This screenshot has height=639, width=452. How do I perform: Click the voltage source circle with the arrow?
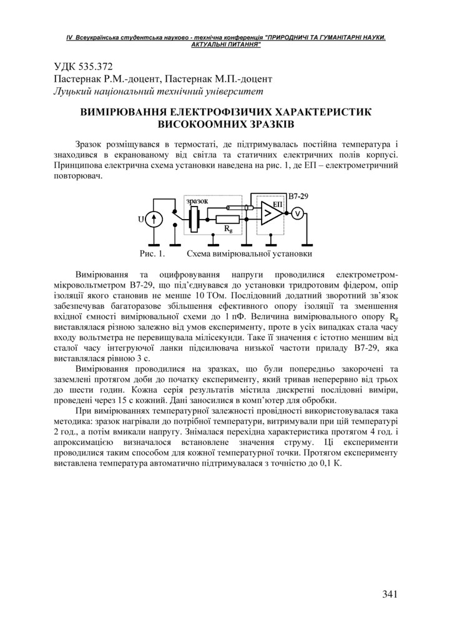156,218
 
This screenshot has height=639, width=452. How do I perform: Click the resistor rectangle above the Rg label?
227,219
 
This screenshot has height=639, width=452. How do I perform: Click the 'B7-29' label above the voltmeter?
298,196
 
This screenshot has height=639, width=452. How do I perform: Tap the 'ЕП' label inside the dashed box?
278,204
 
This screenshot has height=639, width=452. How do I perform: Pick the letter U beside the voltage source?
141,218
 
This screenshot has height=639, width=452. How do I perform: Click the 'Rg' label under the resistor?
228,230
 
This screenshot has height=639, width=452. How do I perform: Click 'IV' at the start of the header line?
70,38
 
